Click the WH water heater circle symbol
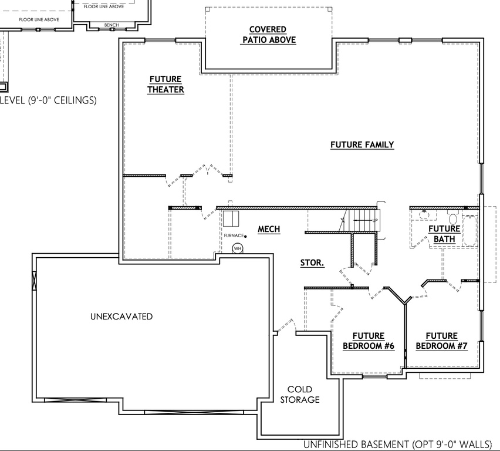point(238,248)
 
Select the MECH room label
point(269,230)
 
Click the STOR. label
point(312,263)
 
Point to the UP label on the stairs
point(375,220)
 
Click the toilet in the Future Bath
point(452,219)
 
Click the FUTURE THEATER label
point(165,85)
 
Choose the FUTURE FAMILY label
point(362,144)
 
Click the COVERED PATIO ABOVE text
point(268,35)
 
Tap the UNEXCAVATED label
point(121,317)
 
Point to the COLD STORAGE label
point(300,395)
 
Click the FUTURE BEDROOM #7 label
point(442,341)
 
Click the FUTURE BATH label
point(444,234)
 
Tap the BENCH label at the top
point(111,25)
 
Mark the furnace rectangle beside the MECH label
point(230,218)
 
